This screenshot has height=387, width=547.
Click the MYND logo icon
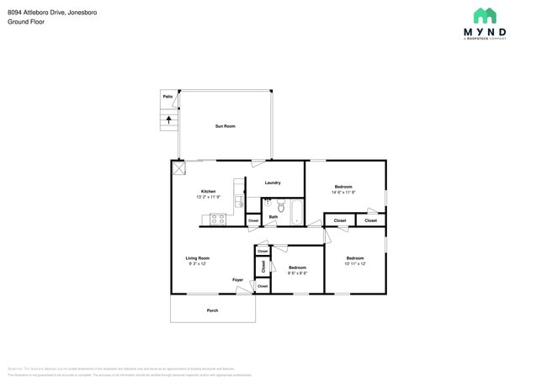[484, 15]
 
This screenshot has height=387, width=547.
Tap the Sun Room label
[225, 126]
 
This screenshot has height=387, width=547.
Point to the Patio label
[168, 97]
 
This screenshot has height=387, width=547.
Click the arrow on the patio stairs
[168, 119]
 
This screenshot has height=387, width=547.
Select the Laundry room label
[273, 183]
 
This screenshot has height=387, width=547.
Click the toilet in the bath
[281, 206]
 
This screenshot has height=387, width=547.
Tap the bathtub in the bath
[297, 211]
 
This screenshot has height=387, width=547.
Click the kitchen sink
[238, 201]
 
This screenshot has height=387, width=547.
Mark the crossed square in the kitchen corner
[178, 167]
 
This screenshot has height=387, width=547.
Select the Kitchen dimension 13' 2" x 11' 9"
[208, 197]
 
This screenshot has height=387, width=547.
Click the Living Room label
[198, 258]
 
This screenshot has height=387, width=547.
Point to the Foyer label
[238, 280]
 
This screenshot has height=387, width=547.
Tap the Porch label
[212, 310]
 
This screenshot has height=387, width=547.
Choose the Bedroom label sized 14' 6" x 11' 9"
[343, 187]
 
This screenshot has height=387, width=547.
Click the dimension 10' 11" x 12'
[355, 263]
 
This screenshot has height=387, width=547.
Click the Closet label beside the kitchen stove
[253, 221]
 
